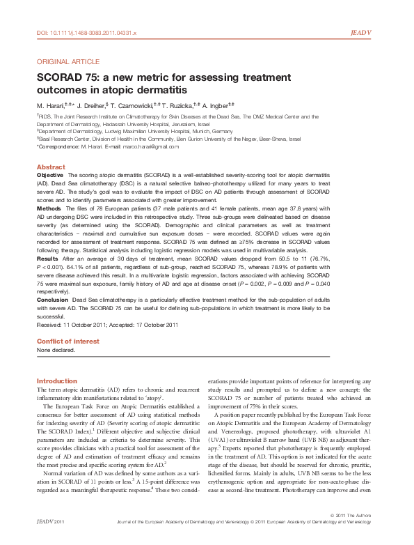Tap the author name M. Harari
tap(50, 105)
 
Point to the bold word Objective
tap(51, 175)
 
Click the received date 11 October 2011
tap(87, 325)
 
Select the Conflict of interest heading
tap(67, 341)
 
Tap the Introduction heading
tap(57, 381)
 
